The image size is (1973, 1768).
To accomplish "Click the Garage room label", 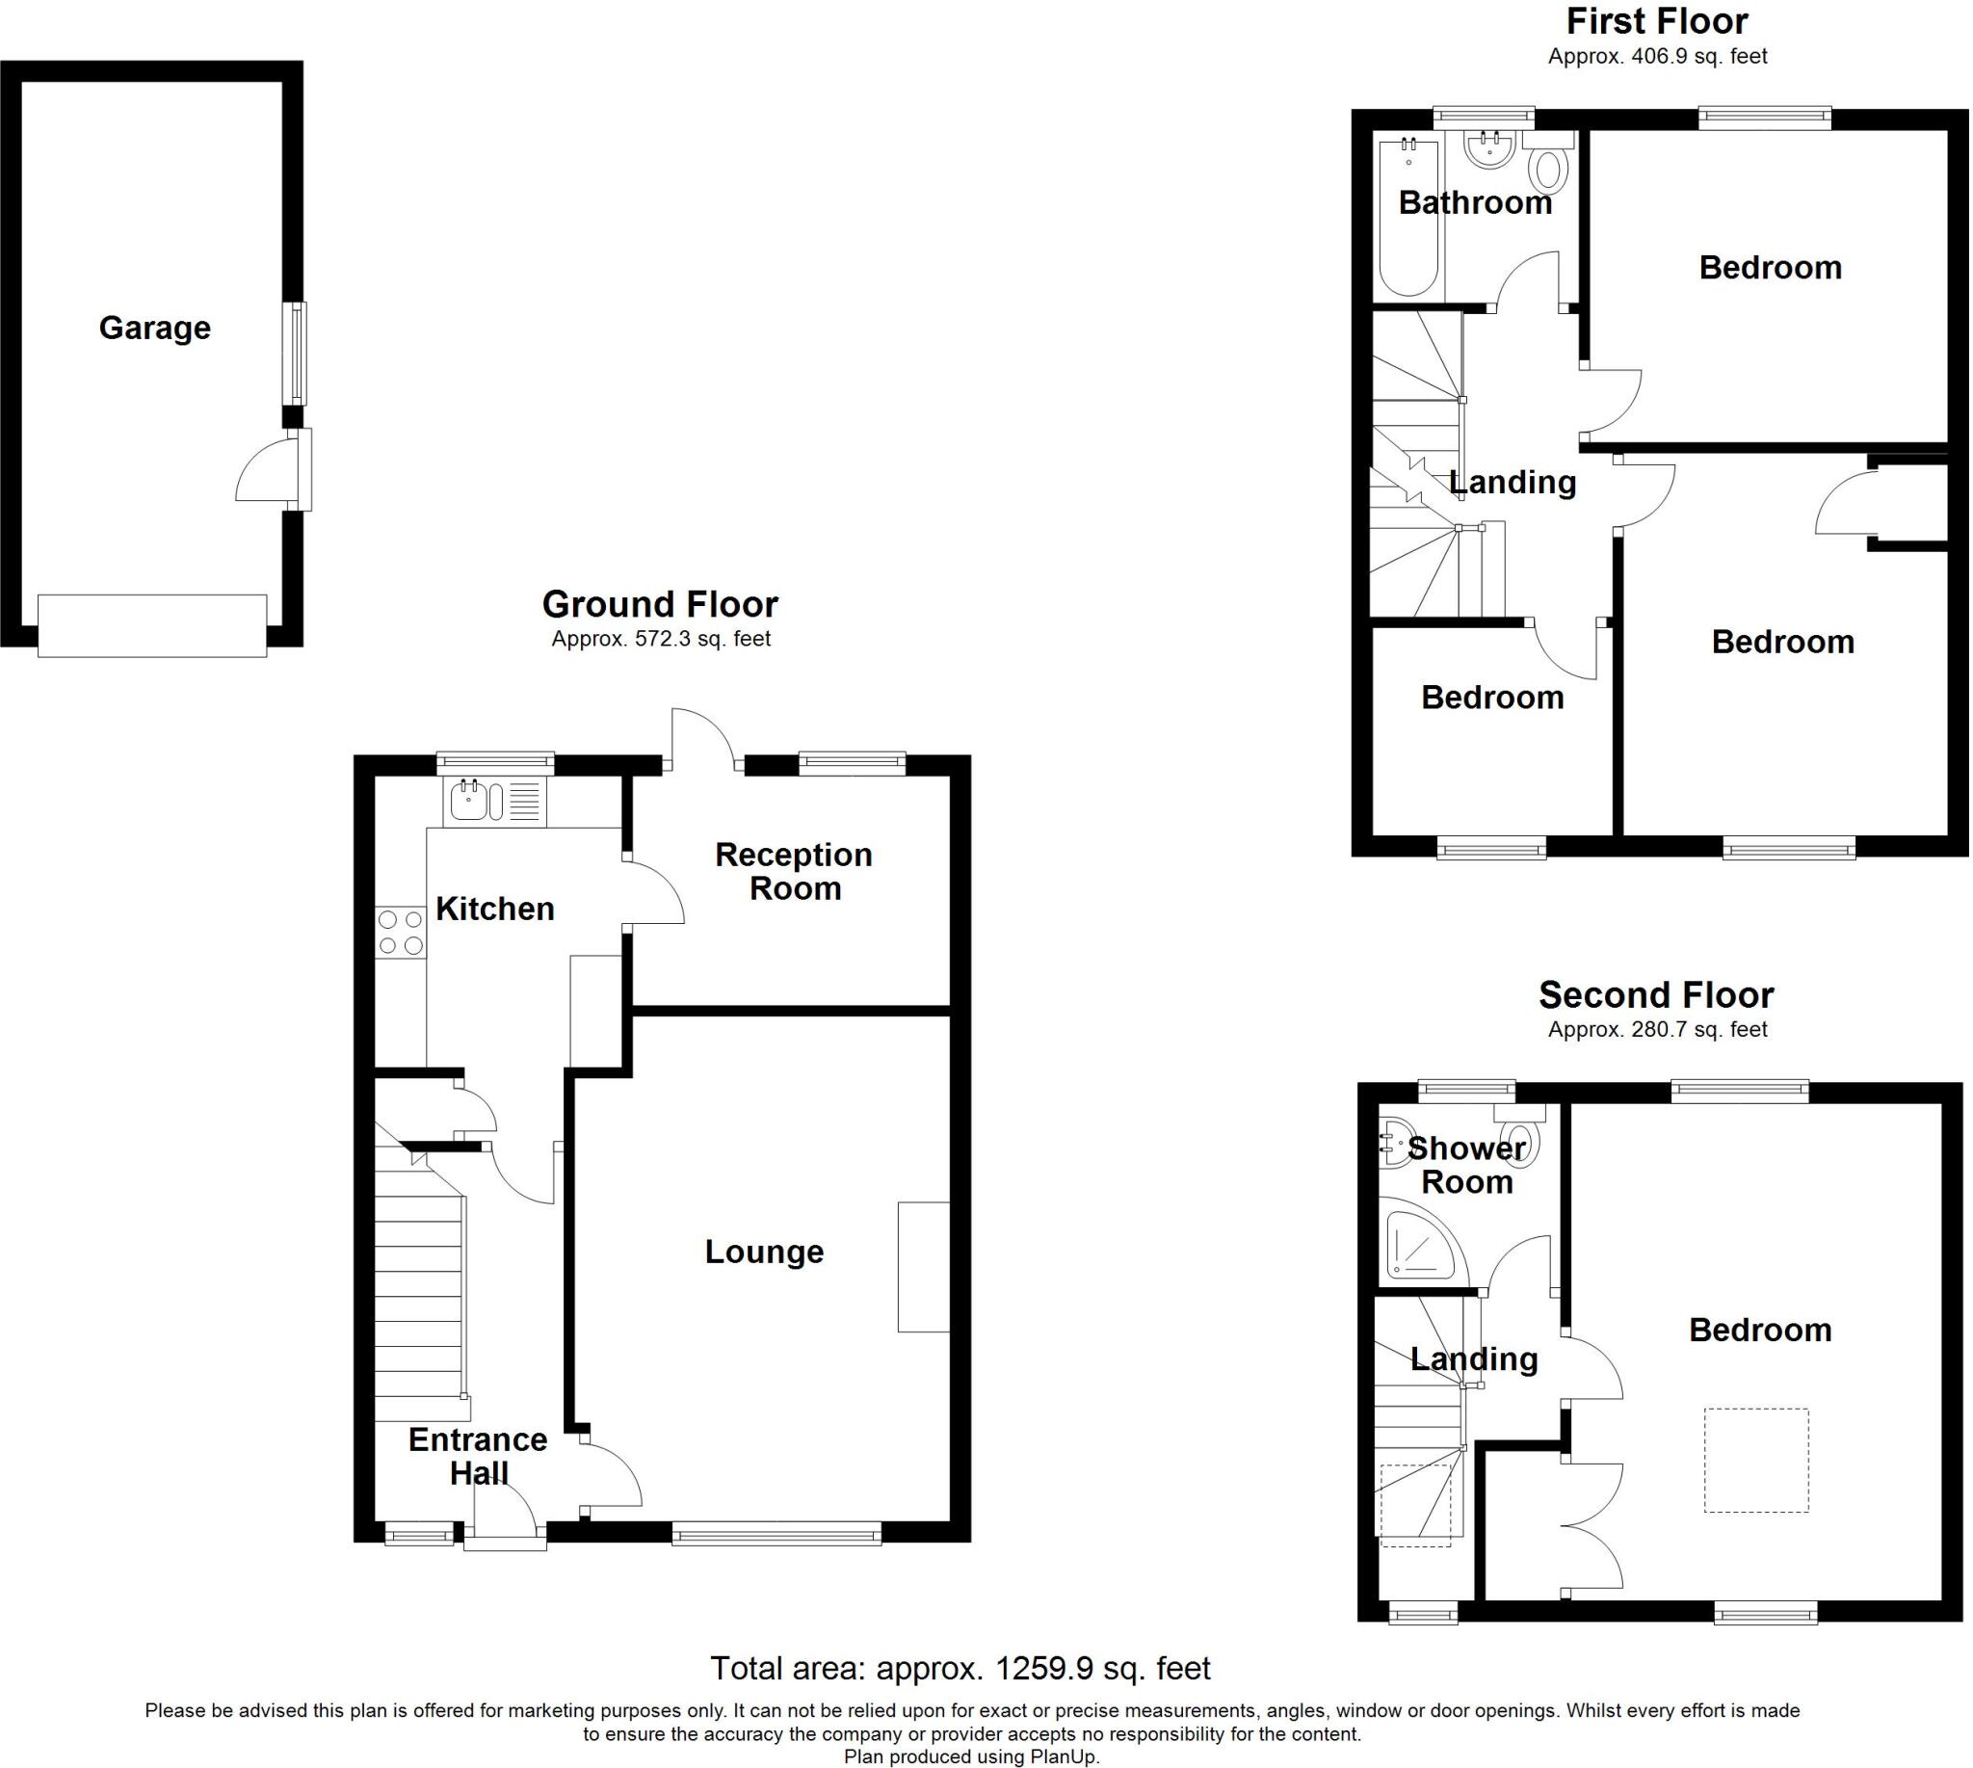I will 154,329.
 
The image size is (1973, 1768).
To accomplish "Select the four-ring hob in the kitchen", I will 400,932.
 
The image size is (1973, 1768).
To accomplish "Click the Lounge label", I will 764,1253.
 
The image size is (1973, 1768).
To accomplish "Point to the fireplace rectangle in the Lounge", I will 923,1267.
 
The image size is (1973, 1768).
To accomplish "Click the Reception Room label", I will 794,871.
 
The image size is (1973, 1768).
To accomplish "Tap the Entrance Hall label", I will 477,1456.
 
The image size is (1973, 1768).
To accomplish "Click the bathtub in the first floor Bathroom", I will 1407,218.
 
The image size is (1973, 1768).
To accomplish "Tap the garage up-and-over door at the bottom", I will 152,625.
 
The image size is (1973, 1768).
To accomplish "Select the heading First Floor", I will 1656,21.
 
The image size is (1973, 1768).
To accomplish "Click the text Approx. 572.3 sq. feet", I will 661,639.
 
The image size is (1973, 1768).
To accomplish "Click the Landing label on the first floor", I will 1512,482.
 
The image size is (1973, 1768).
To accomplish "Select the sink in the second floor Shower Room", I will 1394,1143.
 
